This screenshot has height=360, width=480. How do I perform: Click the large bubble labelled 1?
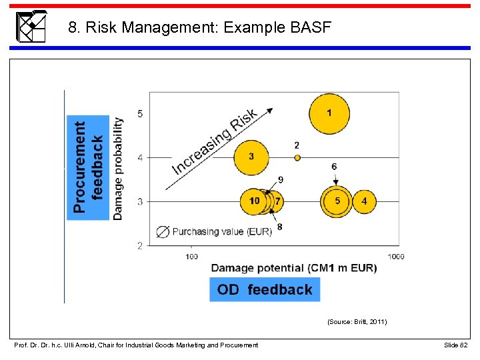pyautogui.click(x=329, y=113)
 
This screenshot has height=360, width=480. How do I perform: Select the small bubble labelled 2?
pyautogui.click(x=297, y=158)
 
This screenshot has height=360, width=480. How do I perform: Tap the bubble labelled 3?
pyautogui.click(x=251, y=157)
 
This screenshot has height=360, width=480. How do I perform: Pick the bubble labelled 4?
pyautogui.click(x=363, y=201)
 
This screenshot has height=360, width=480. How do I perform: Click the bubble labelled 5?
pyautogui.click(x=337, y=201)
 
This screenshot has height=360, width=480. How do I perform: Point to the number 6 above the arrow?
pyautogui.click(x=334, y=167)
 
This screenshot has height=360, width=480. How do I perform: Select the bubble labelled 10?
pyautogui.click(x=255, y=201)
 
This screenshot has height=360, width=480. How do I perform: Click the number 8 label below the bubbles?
pyautogui.click(x=279, y=227)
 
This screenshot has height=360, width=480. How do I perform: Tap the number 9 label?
pyautogui.click(x=281, y=179)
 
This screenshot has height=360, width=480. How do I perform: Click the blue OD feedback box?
pyautogui.click(x=265, y=289)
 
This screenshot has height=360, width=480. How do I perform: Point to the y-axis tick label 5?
pyautogui.click(x=140, y=114)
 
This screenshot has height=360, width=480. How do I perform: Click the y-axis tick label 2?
pyautogui.click(x=140, y=246)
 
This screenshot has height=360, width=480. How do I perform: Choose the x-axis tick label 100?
pyautogui.click(x=191, y=256)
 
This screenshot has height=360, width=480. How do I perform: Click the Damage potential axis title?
pyautogui.click(x=293, y=268)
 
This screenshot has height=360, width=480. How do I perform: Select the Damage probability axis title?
pyautogui.click(x=118, y=168)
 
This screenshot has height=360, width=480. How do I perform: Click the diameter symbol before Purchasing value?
pyautogui.click(x=162, y=232)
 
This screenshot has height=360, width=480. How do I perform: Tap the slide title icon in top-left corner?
pyautogui.click(x=31, y=27)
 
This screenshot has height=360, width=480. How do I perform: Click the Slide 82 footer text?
pyautogui.click(x=456, y=345)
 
